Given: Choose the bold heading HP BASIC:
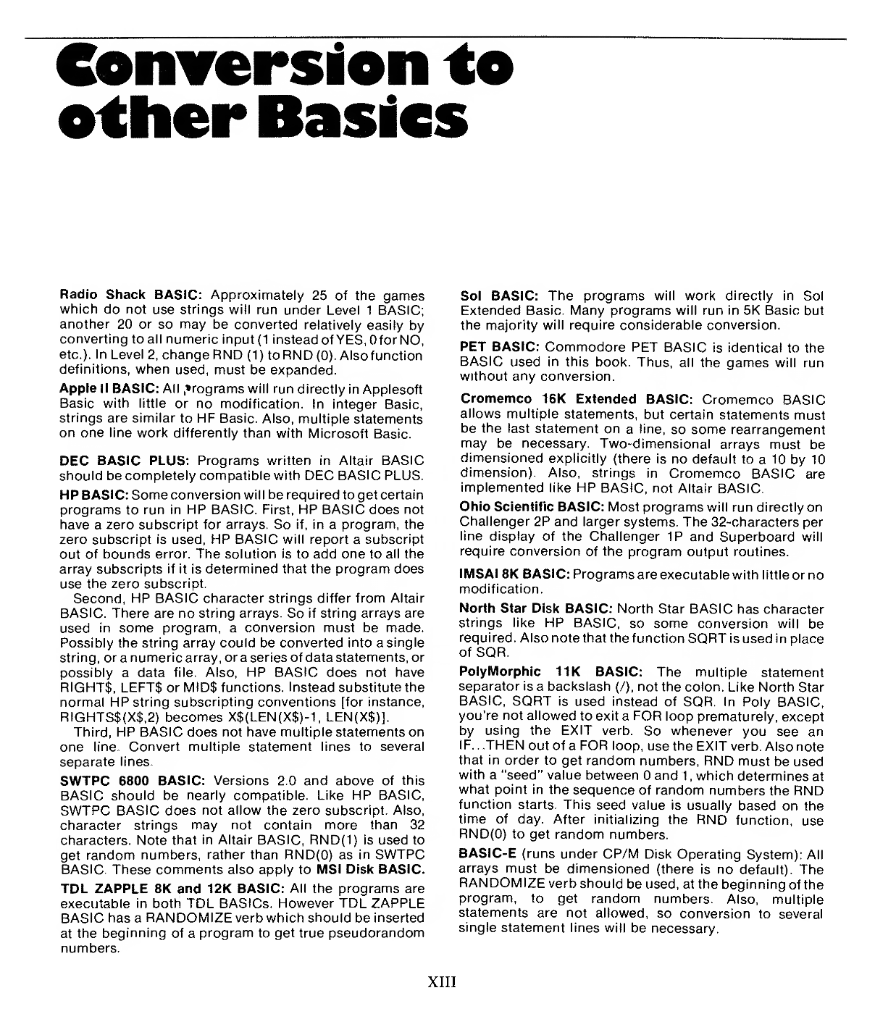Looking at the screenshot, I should click(94, 494).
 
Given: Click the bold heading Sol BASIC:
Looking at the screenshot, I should click(498, 296).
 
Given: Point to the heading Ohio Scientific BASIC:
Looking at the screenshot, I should click(532, 508).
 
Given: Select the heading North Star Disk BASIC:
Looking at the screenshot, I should click(537, 609).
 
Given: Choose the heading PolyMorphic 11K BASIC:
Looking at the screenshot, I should click(550, 673).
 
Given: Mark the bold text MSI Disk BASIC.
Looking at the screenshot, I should click(370, 868).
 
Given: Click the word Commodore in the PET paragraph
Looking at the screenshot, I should click(580, 348).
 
